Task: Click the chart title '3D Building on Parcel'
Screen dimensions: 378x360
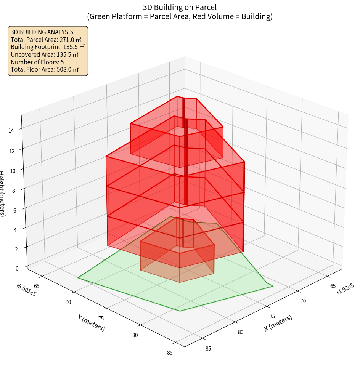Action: tap(180, 7)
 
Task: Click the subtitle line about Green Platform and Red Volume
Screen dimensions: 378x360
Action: tap(180, 16)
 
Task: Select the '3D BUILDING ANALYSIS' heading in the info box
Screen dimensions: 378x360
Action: tap(42, 32)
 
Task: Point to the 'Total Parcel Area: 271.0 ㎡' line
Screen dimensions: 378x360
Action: tap(46, 40)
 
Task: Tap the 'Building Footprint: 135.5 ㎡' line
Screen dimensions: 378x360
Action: tap(48, 47)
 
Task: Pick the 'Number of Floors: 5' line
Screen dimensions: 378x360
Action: tap(37, 62)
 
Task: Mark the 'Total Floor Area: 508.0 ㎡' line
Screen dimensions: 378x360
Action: tap(45, 69)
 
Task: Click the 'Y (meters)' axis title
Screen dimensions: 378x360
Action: tap(91, 322)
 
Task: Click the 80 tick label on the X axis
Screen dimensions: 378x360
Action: tap(241, 332)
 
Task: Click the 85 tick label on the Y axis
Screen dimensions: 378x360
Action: tap(170, 352)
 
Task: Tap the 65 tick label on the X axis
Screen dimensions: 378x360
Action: tap(333, 286)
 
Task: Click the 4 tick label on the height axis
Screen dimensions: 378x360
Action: tap(15, 230)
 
